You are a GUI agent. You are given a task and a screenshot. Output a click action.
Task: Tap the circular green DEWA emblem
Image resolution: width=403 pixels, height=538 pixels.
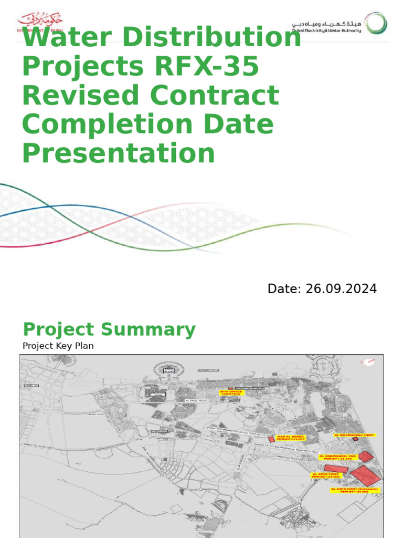[x=376, y=24]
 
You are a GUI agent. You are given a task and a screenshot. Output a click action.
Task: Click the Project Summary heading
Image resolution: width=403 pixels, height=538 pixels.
[x=109, y=330]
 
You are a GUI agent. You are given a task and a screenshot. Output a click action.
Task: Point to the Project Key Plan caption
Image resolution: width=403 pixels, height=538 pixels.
[x=58, y=346]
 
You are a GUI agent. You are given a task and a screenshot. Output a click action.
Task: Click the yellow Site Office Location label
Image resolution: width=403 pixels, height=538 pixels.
[x=231, y=392]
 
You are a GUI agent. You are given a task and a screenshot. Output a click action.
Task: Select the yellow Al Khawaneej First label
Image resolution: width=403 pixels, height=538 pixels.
[x=355, y=435]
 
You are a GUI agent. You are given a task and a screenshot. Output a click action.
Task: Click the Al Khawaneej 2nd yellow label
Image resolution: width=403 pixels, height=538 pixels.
[x=338, y=457]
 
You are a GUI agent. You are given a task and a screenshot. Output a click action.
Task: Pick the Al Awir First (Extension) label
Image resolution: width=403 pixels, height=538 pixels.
[x=355, y=490]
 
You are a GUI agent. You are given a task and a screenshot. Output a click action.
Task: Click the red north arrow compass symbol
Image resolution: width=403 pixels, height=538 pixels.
[x=369, y=362]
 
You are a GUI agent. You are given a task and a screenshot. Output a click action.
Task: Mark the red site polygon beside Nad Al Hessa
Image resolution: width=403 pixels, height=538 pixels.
[x=271, y=439]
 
